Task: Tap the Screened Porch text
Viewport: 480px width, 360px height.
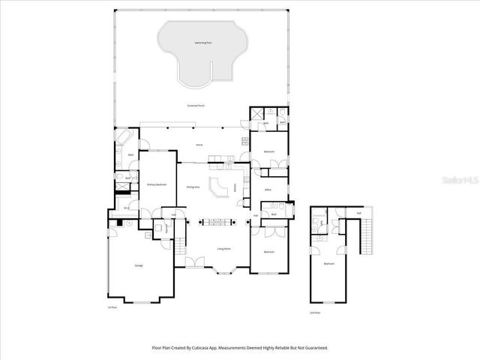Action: (196, 106)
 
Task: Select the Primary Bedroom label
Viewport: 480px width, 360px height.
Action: (155, 184)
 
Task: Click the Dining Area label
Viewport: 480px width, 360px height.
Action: (193, 187)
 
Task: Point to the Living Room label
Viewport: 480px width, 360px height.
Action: (223, 248)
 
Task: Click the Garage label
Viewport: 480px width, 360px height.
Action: (139, 265)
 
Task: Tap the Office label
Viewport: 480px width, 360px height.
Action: (268, 190)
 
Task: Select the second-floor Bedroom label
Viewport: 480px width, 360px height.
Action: (329, 264)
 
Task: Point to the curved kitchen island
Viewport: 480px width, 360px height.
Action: (219, 187)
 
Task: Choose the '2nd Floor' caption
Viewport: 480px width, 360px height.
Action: (315, 311)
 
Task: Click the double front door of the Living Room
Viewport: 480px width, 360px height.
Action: (194, 261)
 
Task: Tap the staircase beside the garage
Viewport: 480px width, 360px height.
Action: (180, 244)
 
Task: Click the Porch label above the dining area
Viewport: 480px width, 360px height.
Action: (199, 145)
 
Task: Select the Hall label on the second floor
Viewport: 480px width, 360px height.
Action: (358, 213)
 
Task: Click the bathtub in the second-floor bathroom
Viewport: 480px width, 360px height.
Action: (315, 221)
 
